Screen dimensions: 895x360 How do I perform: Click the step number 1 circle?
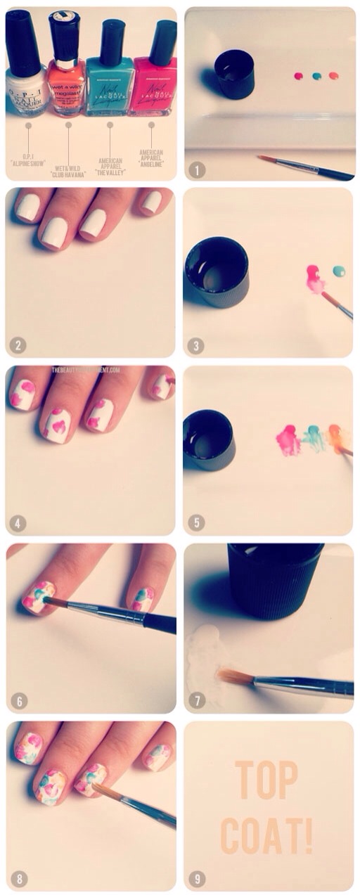196,169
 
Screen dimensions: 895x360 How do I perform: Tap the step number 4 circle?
18,523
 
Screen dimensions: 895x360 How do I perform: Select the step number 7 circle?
196,700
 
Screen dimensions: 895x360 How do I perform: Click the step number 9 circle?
196,878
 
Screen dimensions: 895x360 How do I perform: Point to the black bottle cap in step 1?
234,73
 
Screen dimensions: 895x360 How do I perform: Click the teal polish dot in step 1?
316,76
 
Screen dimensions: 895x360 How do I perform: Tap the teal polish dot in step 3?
339,271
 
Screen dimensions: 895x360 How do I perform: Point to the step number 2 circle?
18,345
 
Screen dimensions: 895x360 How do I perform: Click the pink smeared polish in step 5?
288,440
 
